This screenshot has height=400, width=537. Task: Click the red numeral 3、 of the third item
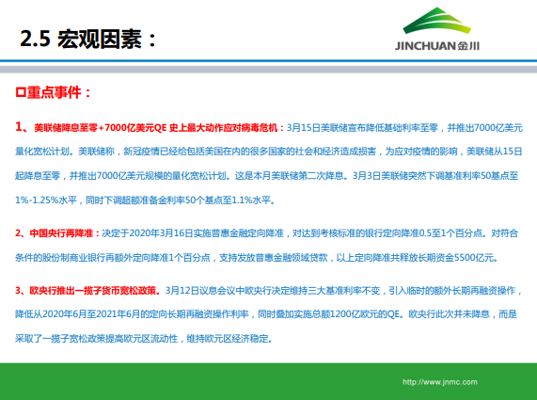[22, 291]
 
